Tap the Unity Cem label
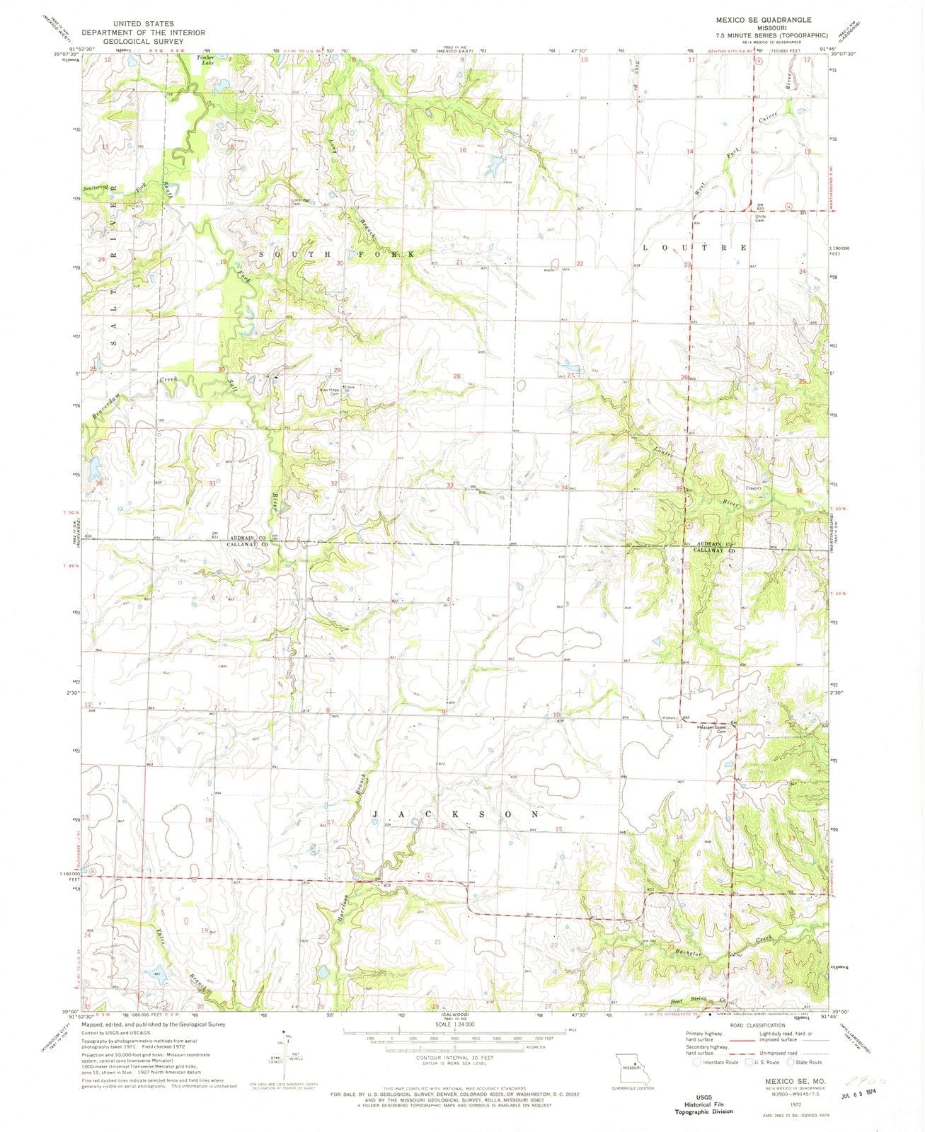tap(762, 218)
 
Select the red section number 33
tap(449, 485)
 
